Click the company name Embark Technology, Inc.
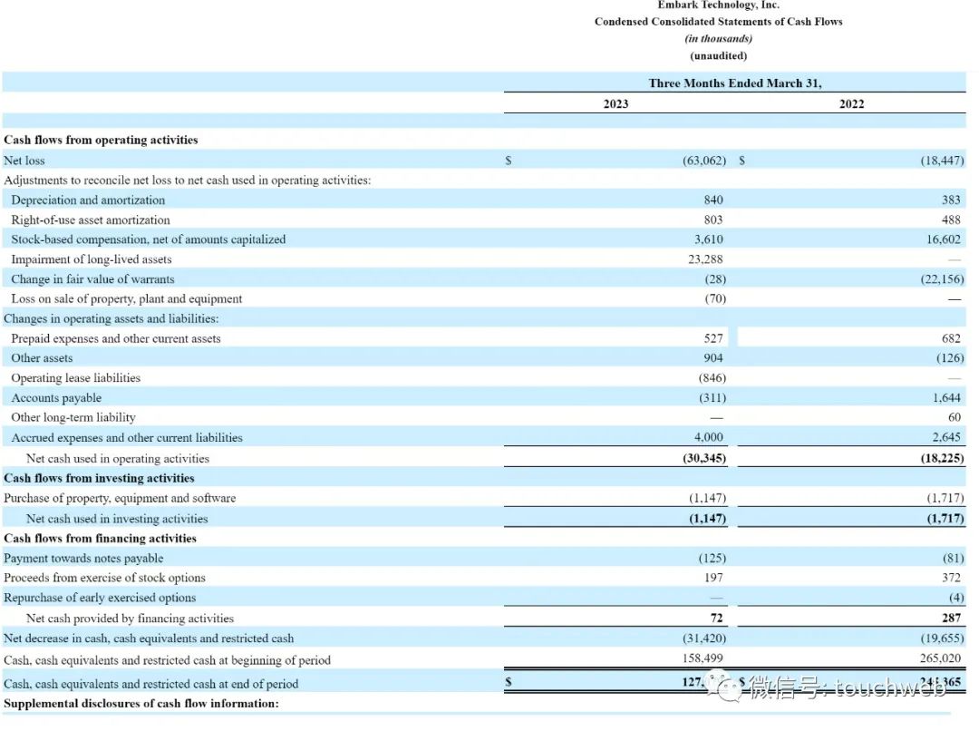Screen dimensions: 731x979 (x=718, y=5)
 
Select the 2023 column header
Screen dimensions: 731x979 (x=616, y=104)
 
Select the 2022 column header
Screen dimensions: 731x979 (x=851, y=104)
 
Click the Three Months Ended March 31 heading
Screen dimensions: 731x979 (x=734, y=83)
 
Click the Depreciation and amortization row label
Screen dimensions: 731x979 (x=88, y=200)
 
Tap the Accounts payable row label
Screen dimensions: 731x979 (x=56, y=398)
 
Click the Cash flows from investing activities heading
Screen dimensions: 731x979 (x=99, y=478)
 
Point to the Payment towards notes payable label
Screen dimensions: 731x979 (x=83, y=559)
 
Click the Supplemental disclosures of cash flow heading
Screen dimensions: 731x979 (x=141, y=704)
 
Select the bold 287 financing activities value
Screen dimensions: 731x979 (x=951, y=619)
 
